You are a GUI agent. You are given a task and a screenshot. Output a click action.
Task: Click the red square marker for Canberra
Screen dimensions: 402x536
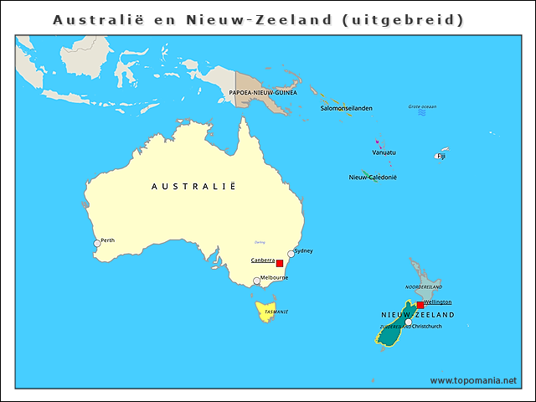point(279,263)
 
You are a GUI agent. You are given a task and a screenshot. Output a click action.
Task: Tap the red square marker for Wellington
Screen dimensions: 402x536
point(420,305)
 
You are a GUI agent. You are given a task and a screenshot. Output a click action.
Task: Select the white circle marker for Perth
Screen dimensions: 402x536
point(97,244)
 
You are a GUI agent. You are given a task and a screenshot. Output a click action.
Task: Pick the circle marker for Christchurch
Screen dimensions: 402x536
point(408,322)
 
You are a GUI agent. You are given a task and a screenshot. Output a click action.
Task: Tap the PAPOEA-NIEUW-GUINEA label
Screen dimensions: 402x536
point(263,93)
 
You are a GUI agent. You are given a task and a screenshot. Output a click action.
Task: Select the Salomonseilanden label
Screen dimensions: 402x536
point(347,108)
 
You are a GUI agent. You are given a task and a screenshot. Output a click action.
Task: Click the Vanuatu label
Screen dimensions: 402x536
point(384,152)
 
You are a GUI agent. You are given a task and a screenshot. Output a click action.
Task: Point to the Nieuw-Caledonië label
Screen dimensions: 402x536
point(373,178)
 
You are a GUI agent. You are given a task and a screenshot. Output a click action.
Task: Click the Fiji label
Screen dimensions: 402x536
point(441,156)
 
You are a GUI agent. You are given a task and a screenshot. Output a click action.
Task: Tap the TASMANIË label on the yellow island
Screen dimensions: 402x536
point(276,312)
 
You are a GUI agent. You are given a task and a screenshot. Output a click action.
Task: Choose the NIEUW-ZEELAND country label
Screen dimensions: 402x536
point(418,315)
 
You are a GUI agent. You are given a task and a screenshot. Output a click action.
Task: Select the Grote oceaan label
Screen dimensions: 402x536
point(422,107)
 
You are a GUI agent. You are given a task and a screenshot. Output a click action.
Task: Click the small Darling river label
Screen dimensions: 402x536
point(260,242)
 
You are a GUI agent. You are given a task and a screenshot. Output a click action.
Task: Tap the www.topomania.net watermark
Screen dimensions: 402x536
point(473,380)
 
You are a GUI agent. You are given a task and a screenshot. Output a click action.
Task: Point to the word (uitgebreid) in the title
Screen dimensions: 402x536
point(403,18)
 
